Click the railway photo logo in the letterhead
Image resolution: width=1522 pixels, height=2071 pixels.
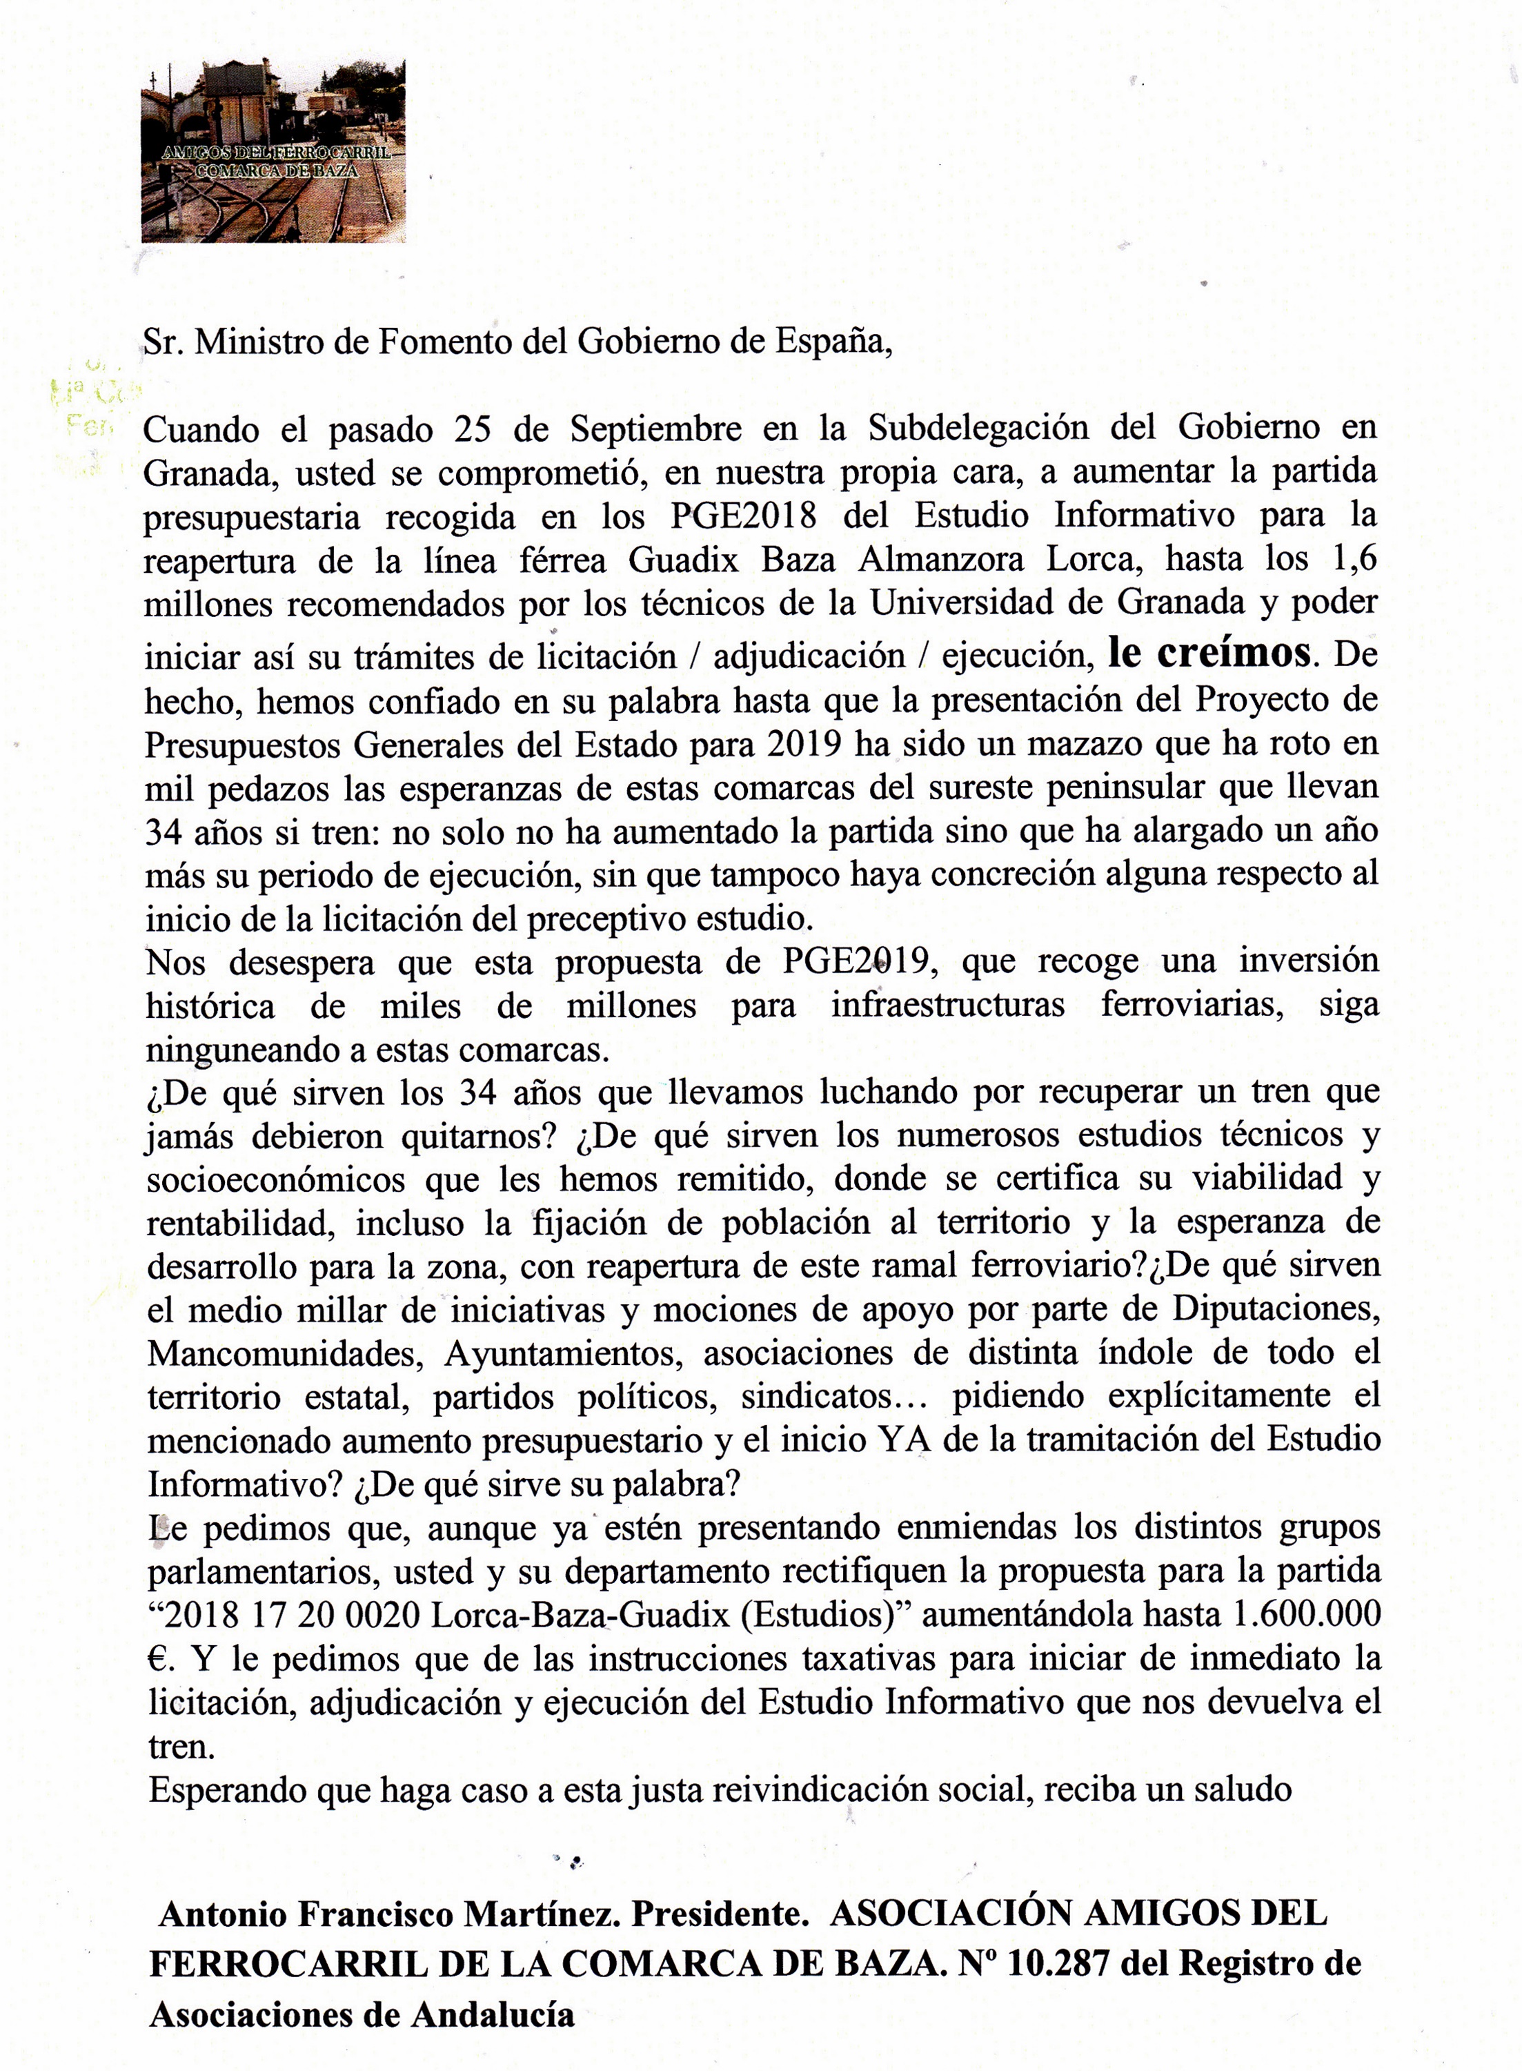tap(273, 151)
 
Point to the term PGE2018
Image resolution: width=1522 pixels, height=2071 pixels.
tap(744, 516)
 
